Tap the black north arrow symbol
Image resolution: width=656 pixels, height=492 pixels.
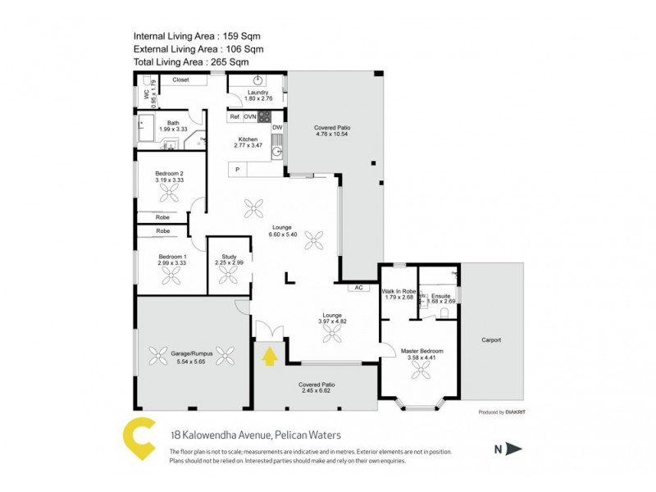(x=513, y=449)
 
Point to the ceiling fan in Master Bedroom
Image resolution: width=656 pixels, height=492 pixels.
(x=421, y=370)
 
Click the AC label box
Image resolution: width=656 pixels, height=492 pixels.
(x=358, y=288)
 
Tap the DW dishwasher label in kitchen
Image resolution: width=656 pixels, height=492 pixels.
(x=277, y=128)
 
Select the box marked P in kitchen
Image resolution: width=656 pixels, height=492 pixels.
(x=238, y=170)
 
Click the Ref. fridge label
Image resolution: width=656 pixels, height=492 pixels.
(x=235, y=117)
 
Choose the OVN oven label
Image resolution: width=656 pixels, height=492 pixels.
(x=250, y=117)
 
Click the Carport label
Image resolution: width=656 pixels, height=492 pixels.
(x=491, y=339)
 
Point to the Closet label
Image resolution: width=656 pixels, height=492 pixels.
(x=180, y=80)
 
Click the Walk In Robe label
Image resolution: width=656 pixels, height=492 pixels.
(x=397, y=291)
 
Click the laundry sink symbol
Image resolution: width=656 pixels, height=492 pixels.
(x=257, y=80)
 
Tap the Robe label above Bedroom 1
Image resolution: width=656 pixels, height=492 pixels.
(x=162, y=231)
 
